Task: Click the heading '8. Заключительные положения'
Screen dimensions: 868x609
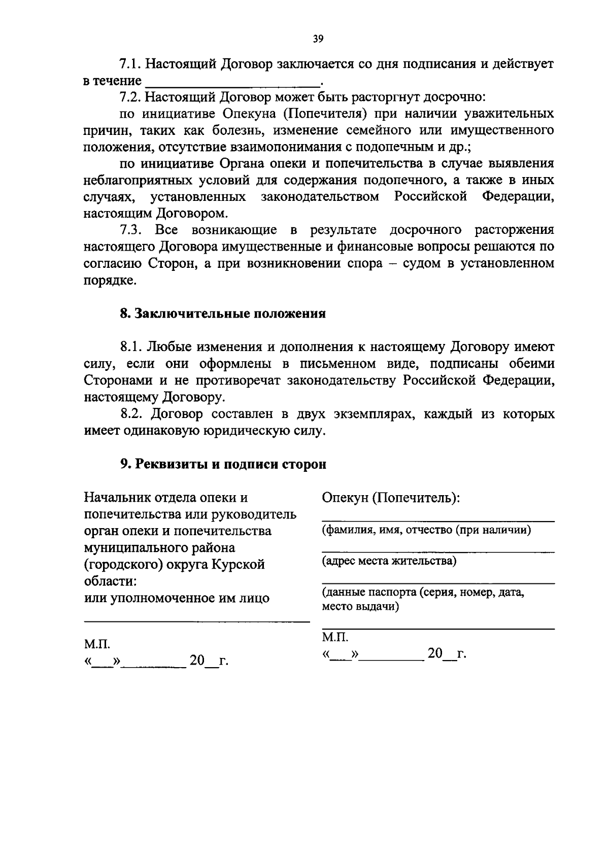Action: tap(223, 314)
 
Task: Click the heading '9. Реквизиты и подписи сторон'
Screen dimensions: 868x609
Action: tap(223, 464)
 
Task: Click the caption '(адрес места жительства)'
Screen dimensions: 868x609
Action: tap(389, 561)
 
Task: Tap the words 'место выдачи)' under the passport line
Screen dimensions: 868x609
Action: tap(360, 607)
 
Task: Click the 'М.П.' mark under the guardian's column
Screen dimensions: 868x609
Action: tap(335, 637)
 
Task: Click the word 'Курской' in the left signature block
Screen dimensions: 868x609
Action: tap(238, 564)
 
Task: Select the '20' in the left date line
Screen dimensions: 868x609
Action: tap(197, 661)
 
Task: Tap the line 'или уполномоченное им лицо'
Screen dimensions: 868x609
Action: tap(176, 598)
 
